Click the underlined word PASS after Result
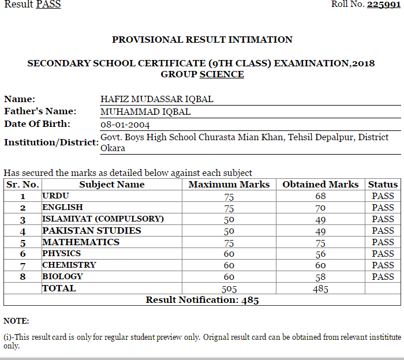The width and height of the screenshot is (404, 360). pos(48,5)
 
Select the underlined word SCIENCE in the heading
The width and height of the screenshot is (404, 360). pos(222,74)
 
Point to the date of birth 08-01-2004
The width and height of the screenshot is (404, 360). pos(125,124)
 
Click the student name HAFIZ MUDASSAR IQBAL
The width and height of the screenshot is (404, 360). pos(157,99)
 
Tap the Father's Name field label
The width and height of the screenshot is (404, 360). pos(40,111)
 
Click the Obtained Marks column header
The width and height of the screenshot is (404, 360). pos(320,185)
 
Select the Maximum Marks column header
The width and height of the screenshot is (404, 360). pos(229,185)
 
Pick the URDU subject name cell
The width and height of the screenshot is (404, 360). pos(55,196)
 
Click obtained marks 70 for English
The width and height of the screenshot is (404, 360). pos(320,208)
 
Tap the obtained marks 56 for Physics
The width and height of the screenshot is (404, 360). pos(320,254)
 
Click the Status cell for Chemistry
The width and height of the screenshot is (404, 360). pos(383,265)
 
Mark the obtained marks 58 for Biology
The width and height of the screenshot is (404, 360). pos(320,277)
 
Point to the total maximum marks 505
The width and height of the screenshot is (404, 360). pos(229,288)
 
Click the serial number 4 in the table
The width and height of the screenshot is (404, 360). pos(23,231)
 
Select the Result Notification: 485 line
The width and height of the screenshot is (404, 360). pos(202,300)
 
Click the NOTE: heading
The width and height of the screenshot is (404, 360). pos(16,321)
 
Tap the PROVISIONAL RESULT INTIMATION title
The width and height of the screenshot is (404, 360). pos(202,40)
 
